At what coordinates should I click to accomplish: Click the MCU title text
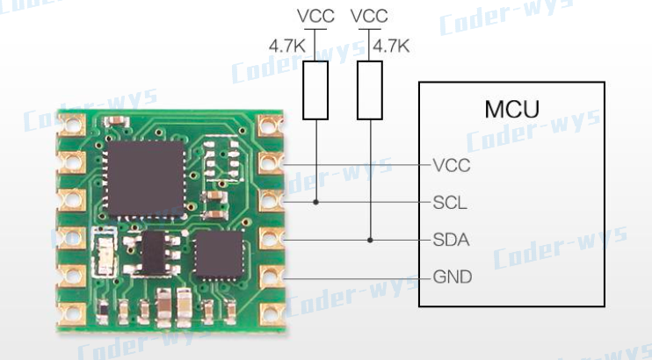[511, 110]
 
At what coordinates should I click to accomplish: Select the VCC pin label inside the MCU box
[451, 165]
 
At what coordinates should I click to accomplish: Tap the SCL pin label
[450, 203]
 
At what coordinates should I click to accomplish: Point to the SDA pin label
[451, 240]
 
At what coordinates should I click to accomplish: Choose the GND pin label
[452, 277]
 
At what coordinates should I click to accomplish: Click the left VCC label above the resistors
[315, 16]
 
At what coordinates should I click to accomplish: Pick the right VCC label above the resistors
[369, 16]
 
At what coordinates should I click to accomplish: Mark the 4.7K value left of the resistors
[286, 45]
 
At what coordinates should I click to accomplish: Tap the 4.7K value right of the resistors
[391, 45]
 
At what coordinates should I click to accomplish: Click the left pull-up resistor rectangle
[315, 90]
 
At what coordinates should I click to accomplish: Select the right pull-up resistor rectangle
[370, 90]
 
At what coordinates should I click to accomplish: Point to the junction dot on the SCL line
[315, 203]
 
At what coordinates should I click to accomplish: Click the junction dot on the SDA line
[370, 240]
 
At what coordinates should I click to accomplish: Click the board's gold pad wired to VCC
[270, 163]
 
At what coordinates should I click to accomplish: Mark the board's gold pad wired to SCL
[270, 201]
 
